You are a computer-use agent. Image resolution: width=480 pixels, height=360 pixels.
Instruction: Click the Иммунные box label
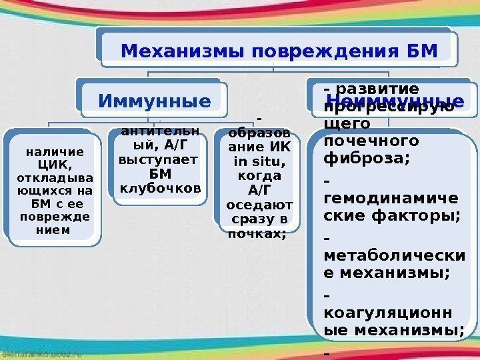tap(154, 101)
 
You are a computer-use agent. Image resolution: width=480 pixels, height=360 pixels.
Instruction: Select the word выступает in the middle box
tap(158, 161)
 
